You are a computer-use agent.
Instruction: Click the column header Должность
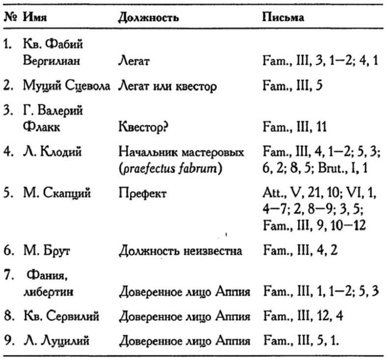[148, 18]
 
